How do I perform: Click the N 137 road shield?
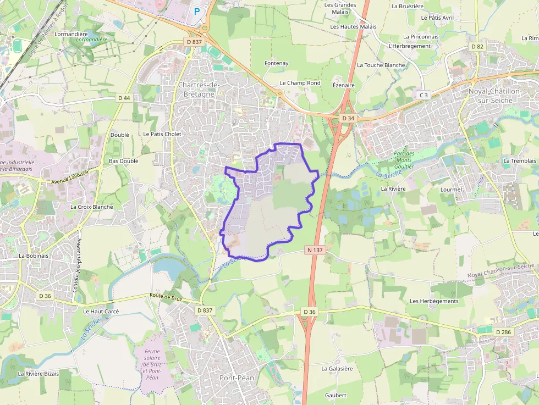(x=314, y=250)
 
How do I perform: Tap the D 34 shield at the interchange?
(x=348, y=118)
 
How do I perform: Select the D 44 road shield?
(x=124, y=98)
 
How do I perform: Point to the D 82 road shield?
(x=477, y=47)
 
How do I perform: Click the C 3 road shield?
(x=423, y=95)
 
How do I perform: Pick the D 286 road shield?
(x=503, y=332)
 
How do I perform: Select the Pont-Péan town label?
(x=237, y=378)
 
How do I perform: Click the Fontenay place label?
(x=276, y=63)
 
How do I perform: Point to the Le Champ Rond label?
(x=300, y=83)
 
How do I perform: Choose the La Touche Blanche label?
(x=381, y=65)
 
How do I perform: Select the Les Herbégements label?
(x=434, y=301)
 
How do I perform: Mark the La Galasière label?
(x=337, y=369)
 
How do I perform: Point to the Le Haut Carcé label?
(x=101, y=311)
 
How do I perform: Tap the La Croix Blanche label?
(x=91, y=207)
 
